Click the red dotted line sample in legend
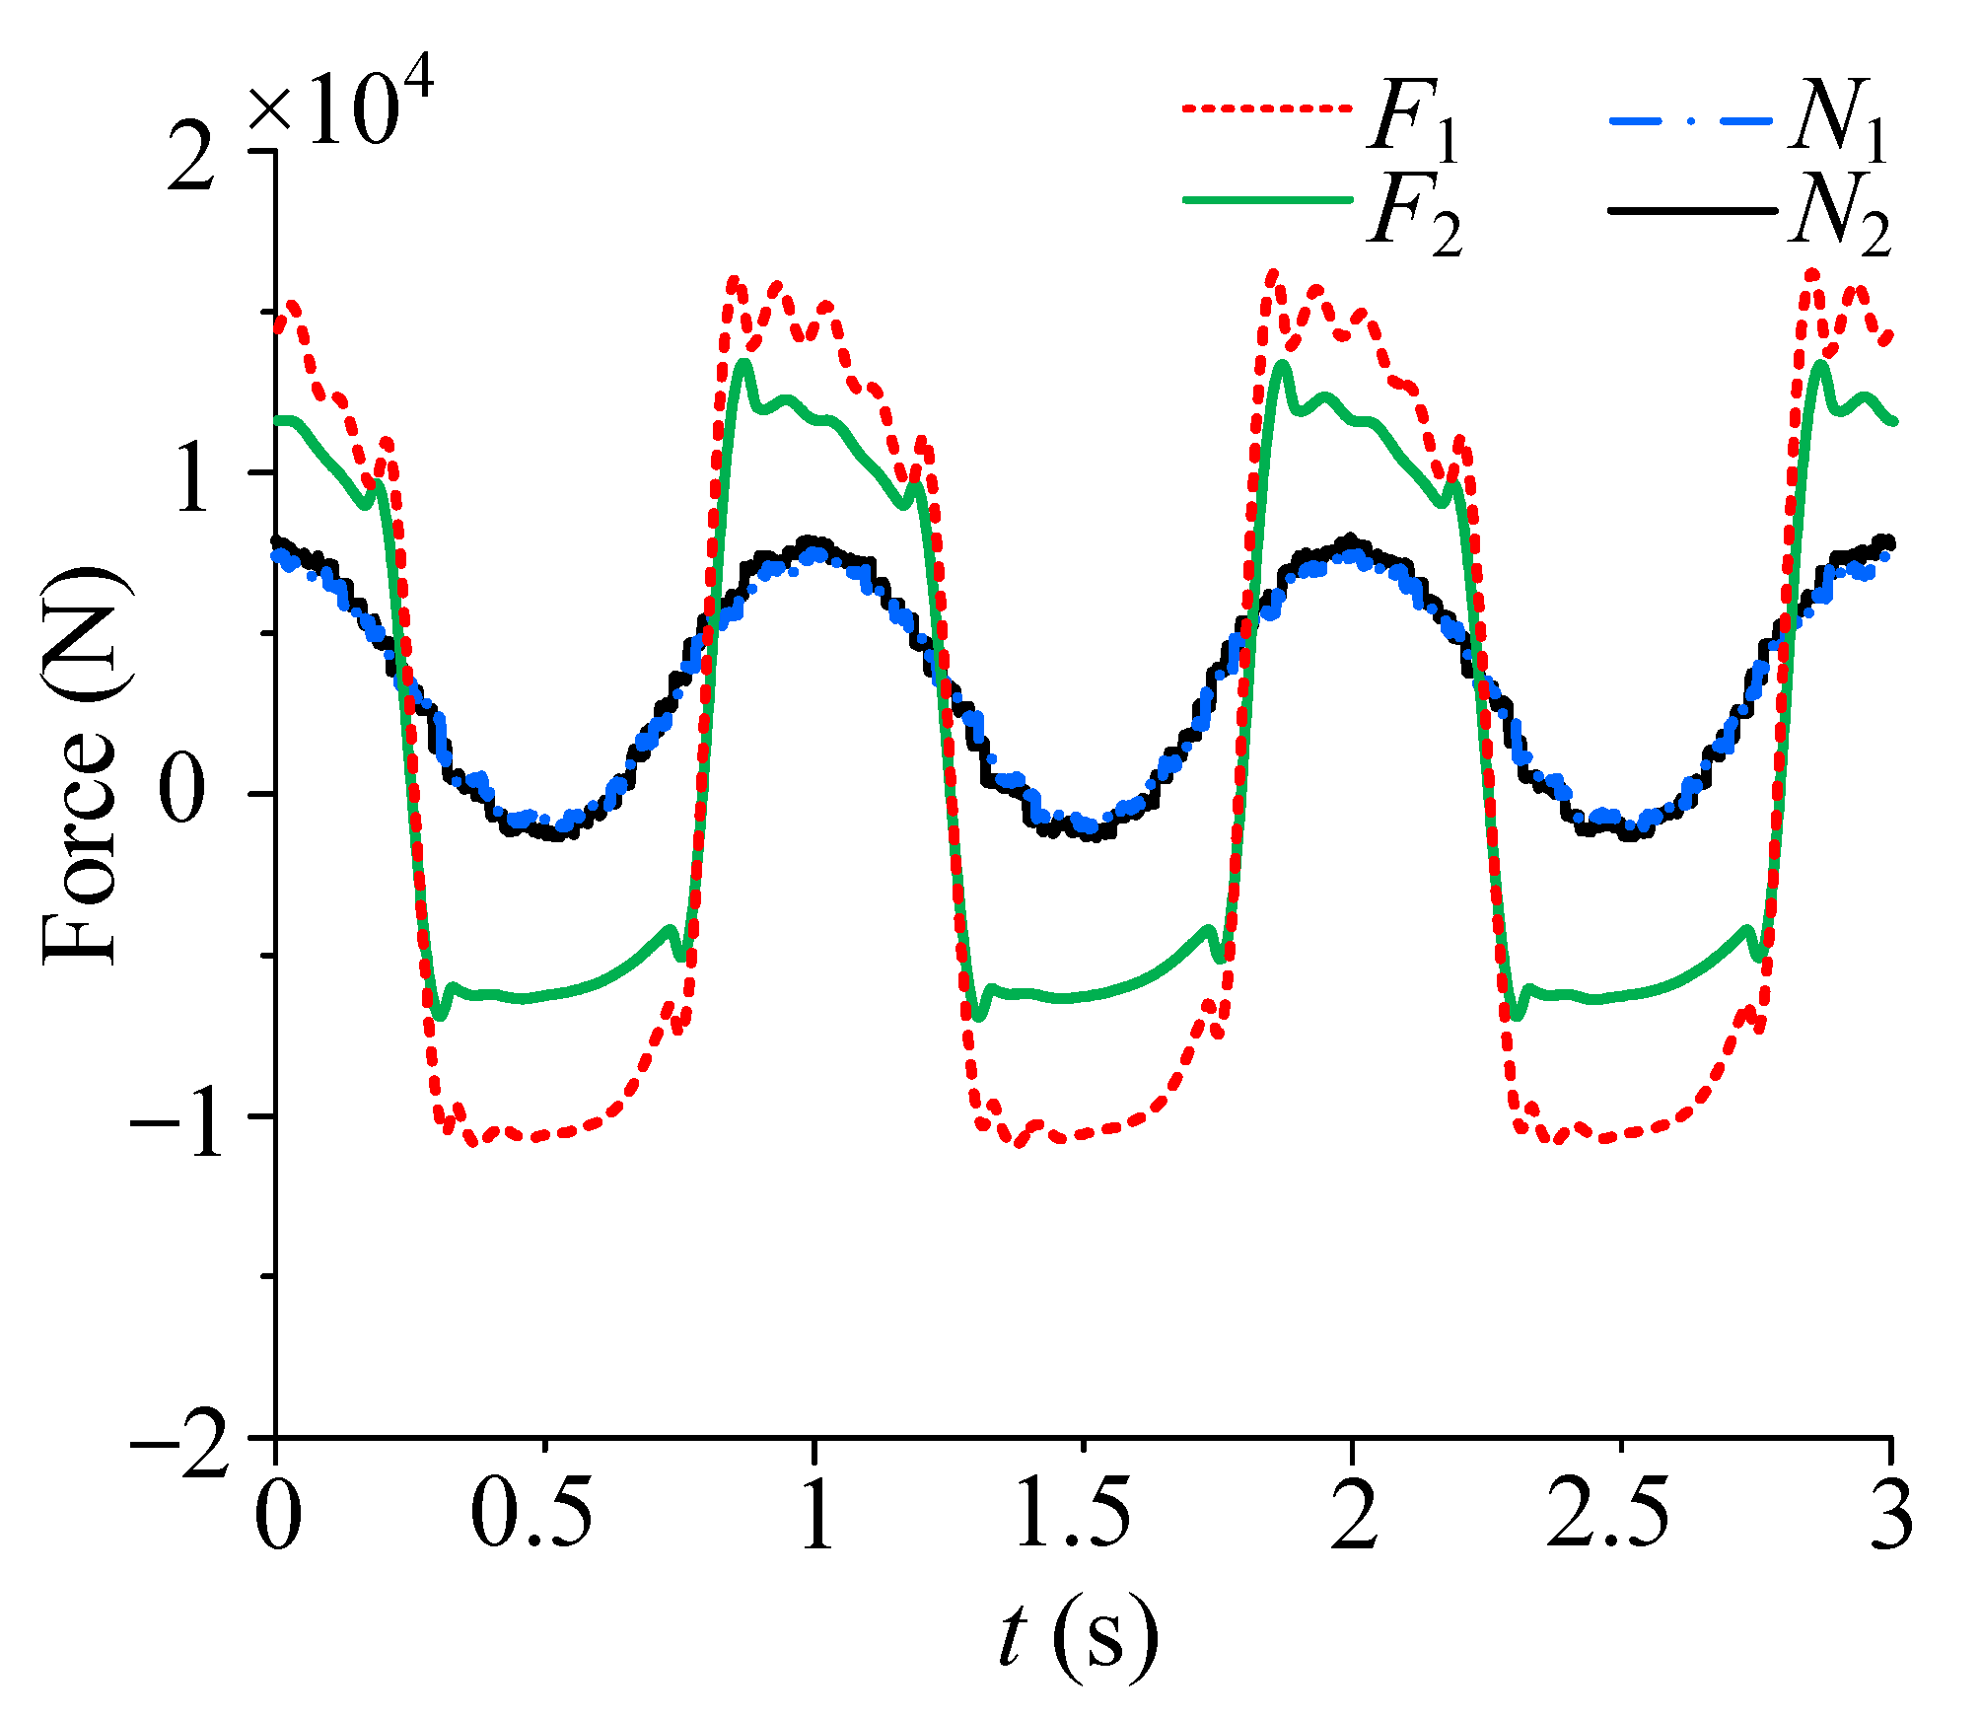pos(1267,109)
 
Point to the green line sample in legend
pos(1267,200)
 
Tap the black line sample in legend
pos(1692,210)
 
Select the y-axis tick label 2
pos(191,158)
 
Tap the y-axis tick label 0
pos(185,795)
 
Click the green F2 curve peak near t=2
pos(1282,365)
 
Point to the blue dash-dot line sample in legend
pos(1692,119)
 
